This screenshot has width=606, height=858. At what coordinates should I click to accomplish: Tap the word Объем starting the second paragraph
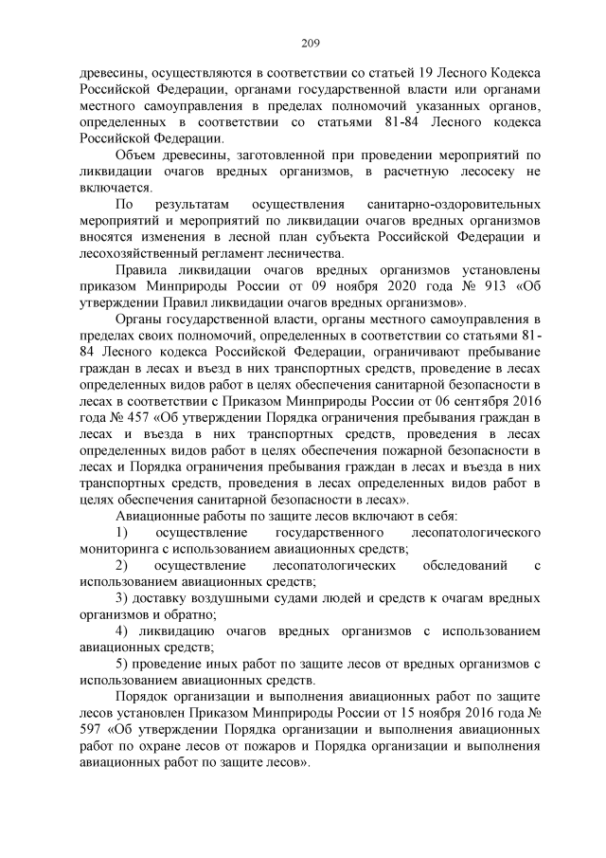point(136,155)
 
